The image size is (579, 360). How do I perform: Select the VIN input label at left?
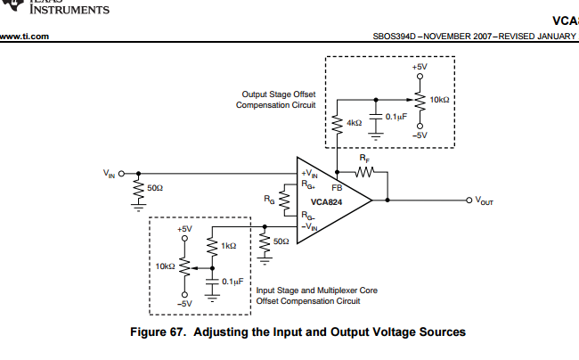pyautogui.click(x=108, y=173)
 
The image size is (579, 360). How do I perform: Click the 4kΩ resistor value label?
pyautogui.click(x=354, y=122)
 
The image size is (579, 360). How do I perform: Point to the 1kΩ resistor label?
pyautogui.click(x=229, y=245)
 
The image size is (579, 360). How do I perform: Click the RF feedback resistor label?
pyautogui.click(x=363, y=157)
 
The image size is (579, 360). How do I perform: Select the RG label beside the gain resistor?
pyautogui.click(x=270, y=200)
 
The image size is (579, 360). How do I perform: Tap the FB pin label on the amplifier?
pyautogui.click(x=337, y=188)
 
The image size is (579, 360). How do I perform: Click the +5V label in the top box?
pyautogui.click(x=420, y=68)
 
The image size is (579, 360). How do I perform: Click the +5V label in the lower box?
pyautogui.click(x=184, y=229)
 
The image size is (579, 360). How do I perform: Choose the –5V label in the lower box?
pyautogui.click(x=184, y=304)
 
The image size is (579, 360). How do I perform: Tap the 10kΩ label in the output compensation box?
pyautogui.click(x=439, y=100)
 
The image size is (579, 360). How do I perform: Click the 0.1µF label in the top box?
pyautogui.click(x=396, y=117)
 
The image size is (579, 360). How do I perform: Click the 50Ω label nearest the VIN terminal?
pyautogui.click(x=155, y=188)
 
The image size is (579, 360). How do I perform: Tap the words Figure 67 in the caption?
pyautogui.click(x=159, y=331)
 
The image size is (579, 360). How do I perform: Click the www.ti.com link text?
pyautogui.click(x=24, y=37)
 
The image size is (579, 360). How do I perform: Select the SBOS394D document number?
pyautogui.click(x=396, y=37)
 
